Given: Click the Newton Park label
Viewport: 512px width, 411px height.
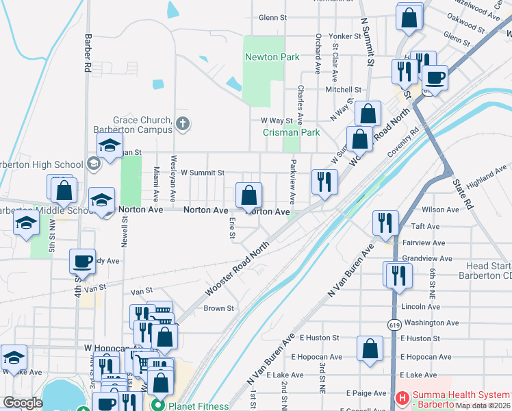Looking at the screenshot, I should pyautogui.click(x=272, y=57).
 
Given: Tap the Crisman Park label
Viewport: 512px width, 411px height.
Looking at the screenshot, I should pyautogui.click(x=292, y=132).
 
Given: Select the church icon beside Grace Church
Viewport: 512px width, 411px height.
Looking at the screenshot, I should pyautogui.click(x=182, y=124).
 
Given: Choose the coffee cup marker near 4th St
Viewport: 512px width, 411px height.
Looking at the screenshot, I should pyautogui.click(x=83, y=261).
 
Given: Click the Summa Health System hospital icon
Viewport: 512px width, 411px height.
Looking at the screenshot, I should pyautogui.click(x=402, y=397).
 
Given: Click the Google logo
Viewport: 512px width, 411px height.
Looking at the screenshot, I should pyautogui.click(x=23, y=403).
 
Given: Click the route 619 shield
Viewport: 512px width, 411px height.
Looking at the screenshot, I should pyautogui.click(x=394, y=323).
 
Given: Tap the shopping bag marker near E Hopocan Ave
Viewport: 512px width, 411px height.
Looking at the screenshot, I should pyautogui.click(x=370, y=348).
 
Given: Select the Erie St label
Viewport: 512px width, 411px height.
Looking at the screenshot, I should pyautogui.click(x=233, y=228).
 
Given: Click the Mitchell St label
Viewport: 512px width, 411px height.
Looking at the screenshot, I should pyautogui.click(x=343, y=90).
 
